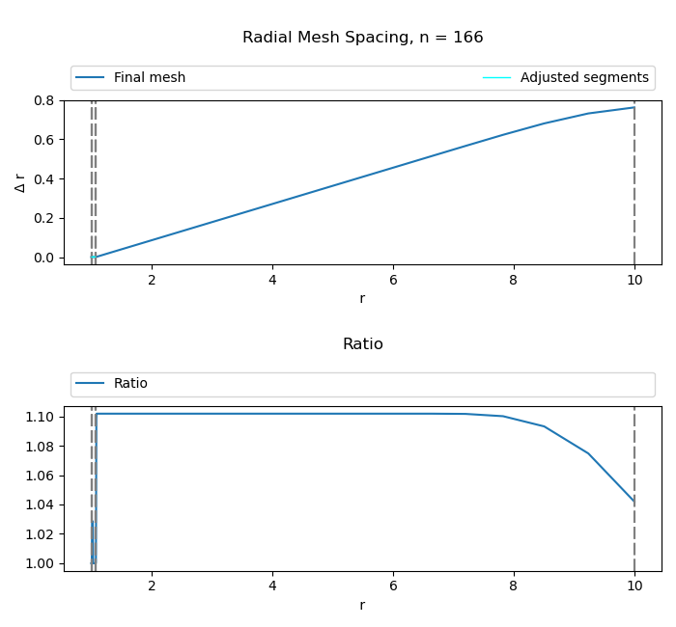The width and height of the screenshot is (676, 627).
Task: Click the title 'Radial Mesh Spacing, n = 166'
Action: point(362,38)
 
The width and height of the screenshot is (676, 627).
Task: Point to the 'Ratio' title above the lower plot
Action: point(362,344)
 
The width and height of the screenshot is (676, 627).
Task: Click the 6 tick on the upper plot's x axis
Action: point(393,280)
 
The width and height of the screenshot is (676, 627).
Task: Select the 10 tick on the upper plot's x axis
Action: point(634,280)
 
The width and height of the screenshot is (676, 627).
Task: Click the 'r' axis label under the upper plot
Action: point(362,299)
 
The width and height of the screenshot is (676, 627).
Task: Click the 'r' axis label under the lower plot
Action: point(362,606)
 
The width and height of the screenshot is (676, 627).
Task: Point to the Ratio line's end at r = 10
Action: point(634,502)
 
